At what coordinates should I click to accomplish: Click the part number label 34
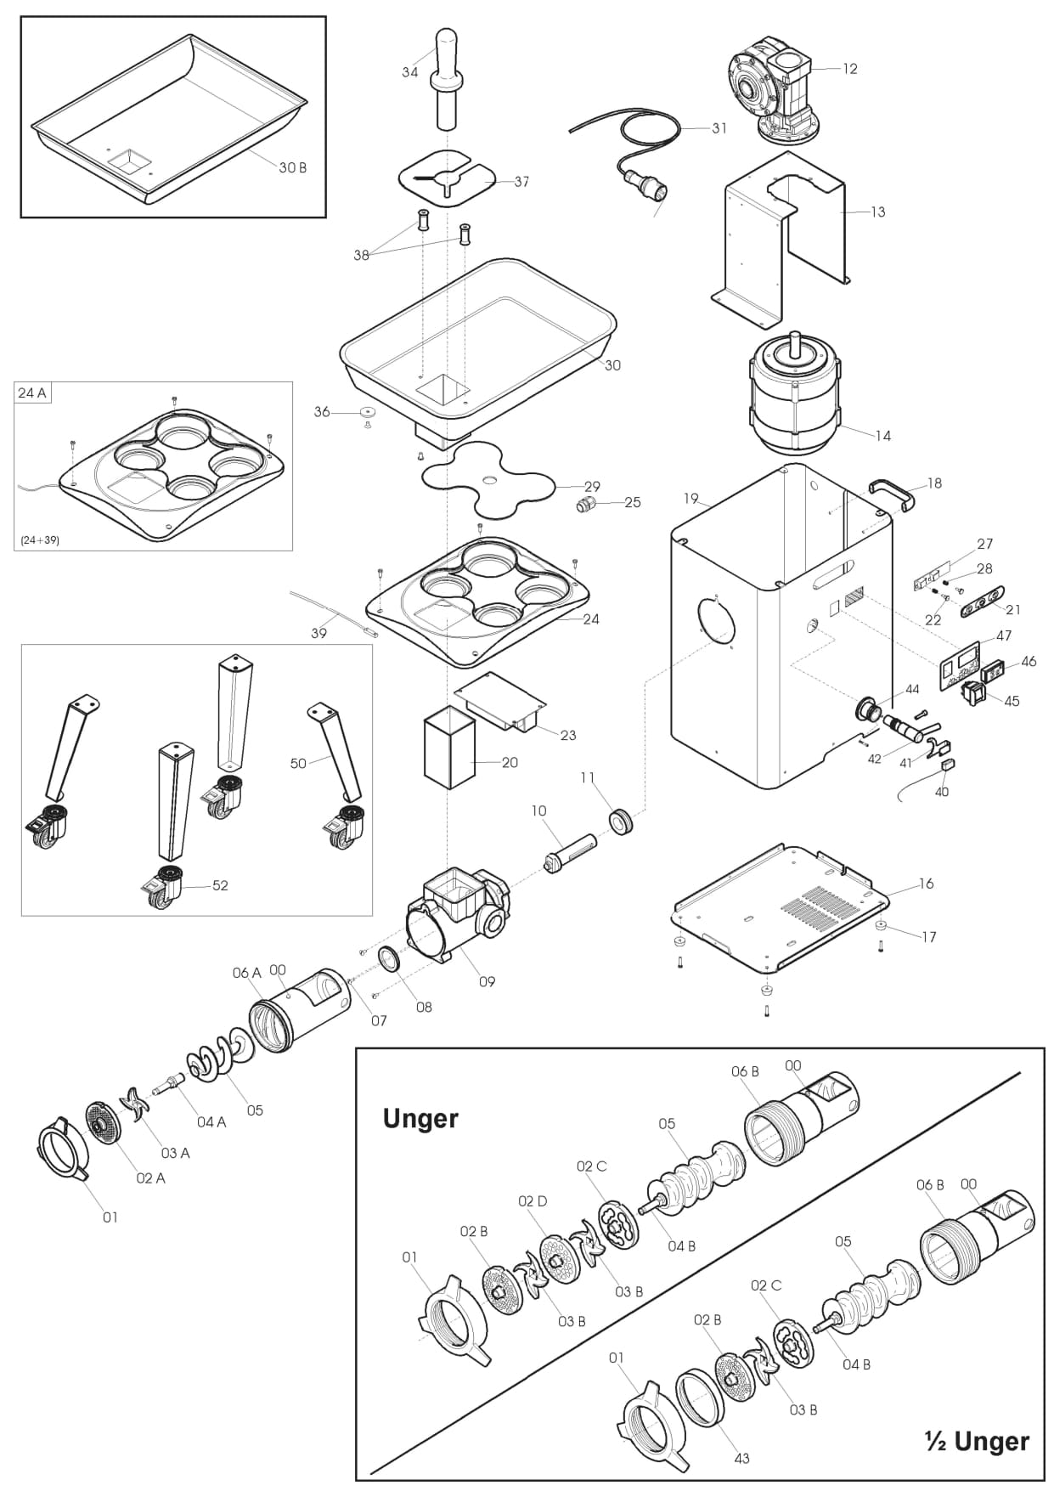click(x=410, y=72)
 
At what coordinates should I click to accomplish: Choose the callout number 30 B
click(x=292, y=167)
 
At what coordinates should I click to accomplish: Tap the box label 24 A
click(x=31, y=393)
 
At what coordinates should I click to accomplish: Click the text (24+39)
click(x=40, y=539)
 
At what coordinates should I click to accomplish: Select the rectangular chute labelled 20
click(x=448, y=751)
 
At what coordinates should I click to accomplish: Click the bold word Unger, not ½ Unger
click(x=420, y=1118)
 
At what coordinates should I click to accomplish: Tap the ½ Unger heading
click(x=977, y=1441)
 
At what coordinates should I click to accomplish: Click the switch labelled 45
click(x=973, y=694)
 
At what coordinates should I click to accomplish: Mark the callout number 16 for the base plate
click(x=926, y=884)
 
